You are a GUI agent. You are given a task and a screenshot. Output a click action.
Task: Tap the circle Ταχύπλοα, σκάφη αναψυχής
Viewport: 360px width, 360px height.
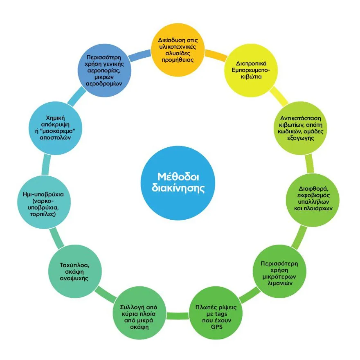(x=74, y=272)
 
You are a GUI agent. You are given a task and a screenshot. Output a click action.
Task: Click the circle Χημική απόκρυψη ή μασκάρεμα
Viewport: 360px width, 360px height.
(x=55, y=127)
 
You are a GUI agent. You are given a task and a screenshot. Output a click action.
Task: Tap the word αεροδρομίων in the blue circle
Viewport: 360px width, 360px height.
(x=106, y=83)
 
